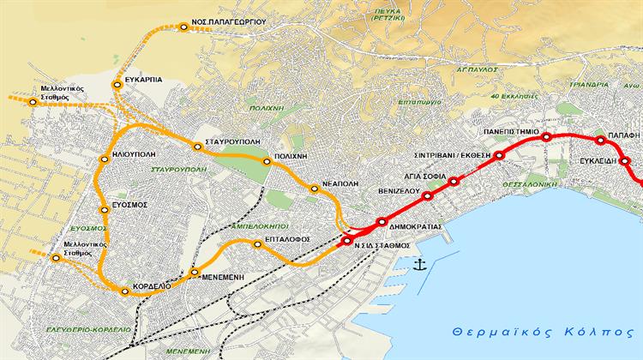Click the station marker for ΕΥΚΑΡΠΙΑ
click(x=117, y=84)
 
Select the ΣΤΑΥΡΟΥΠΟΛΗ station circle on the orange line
click(x=198, y=147)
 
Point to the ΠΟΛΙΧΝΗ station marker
click(x=264, y=160)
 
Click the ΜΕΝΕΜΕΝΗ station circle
click(x=195, y=273)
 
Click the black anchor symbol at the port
click(x=420, y=265)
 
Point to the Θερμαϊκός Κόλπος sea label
click(x=544, y=330)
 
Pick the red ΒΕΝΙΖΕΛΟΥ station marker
click(x=426, y=196)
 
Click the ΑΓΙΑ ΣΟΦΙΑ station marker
click(x=454, y=180)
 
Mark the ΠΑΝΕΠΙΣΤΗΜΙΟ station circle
click(x=545, y=137)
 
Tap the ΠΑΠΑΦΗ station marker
click(x=600, y=141)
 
